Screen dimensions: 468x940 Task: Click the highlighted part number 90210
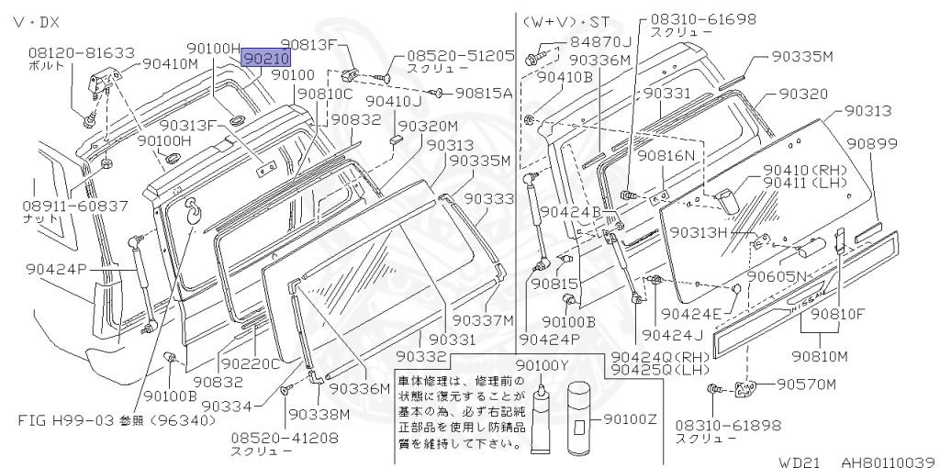(x=266, y=58)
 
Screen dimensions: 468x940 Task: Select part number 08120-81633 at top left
(x=81, y=53)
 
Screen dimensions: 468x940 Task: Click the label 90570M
(x=807, y=384)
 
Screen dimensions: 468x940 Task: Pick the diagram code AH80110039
(x=887, y=461)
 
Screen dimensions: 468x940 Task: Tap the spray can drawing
(x=580, y=418)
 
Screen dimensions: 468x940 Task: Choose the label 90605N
(x=778, y=276)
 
